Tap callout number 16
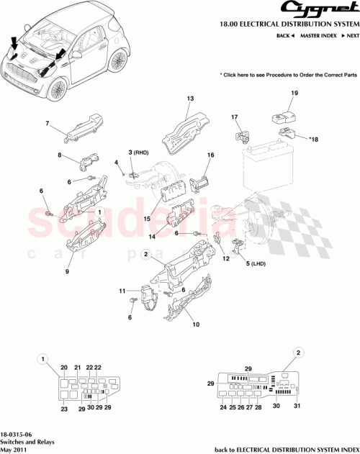[x=211, y=155]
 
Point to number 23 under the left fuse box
[x=63, y=409]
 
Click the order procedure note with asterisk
[x=289, y=74]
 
